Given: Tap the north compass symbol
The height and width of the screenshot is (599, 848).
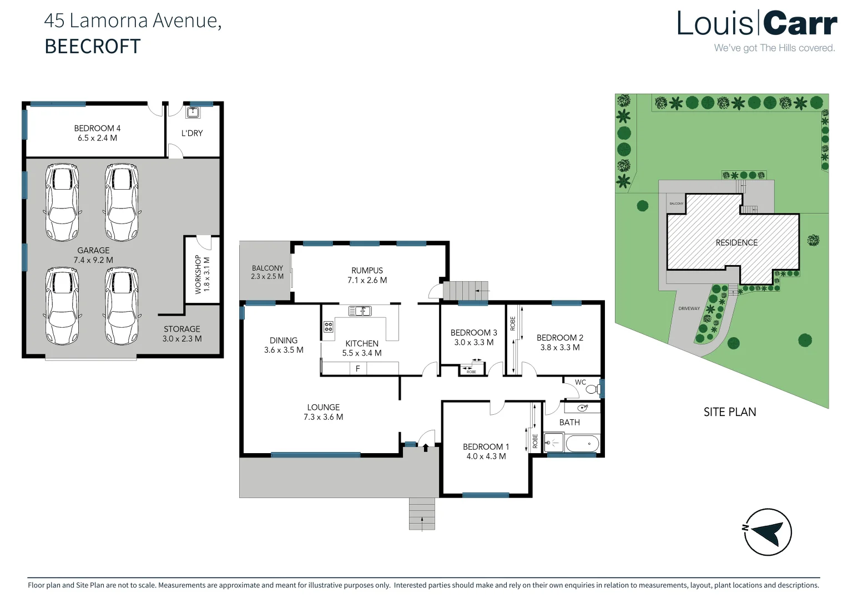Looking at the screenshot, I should pyautogui.click(x=768, y=532).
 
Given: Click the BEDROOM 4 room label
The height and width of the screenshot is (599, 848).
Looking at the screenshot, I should pyautogui.click(x=97, y=128).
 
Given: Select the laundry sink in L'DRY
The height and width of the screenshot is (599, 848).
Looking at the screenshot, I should pyautogui.click(x=193, y=113).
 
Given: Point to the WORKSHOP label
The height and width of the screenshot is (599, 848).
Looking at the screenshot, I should pyautogui.click(x=198, y=274).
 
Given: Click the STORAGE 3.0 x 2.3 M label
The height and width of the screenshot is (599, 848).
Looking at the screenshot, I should pyautogui.click(x=182, y=334).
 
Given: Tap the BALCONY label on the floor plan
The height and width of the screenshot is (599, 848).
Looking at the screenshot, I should pyautogui.click(x=267, y=268).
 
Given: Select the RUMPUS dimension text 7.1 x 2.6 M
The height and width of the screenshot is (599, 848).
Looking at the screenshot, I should pyautogui.click(x=367, y=280).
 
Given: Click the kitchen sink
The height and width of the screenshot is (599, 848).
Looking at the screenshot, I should pyautogui.click(x=360, y=311).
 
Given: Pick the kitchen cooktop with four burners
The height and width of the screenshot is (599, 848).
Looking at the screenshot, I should pyautogui.click(x=329, y=327).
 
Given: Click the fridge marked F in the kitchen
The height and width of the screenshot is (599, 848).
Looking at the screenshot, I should pyautogui.click(x=358, y=368).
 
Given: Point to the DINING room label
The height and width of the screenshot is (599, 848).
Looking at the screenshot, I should pyautogui.click(x=284, y=341).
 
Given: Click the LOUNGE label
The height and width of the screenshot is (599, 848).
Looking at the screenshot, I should pyautogui.click(x=323, y=407).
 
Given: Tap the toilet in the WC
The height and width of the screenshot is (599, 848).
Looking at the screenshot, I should pyautogui.click(x=592, y=389).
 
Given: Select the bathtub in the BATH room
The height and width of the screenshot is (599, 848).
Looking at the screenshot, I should pyautogui.click(x=582, y=444).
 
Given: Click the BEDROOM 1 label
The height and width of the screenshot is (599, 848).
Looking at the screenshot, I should pyautogui.click(x=486, y=446).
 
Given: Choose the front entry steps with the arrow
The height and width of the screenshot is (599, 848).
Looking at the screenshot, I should pyautogui.click(x=422, y=514).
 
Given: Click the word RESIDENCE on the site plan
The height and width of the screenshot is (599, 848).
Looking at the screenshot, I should pyautogui.click(x=736, y=242).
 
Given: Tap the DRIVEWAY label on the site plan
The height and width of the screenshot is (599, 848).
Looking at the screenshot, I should pyautogui.click(x=689, y=308).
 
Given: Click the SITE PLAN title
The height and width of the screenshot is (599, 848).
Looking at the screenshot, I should pyautogui.click(x=729, y=412).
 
